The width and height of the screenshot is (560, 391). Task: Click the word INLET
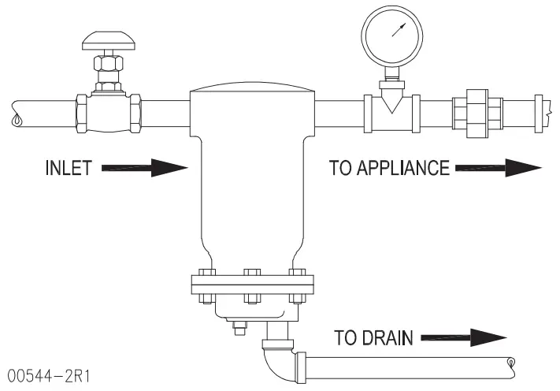[x=69, y=168]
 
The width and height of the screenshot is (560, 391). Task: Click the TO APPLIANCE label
[x=389, y=167]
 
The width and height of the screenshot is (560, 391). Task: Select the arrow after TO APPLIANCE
[x=499, y=167]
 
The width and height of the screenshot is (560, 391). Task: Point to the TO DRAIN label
[x=373, y=339]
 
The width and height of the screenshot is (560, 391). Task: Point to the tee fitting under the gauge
[x=390, y=106]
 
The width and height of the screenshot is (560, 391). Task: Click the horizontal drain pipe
[x=410, y=366]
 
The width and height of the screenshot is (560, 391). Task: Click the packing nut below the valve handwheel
[x=107, y=64]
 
